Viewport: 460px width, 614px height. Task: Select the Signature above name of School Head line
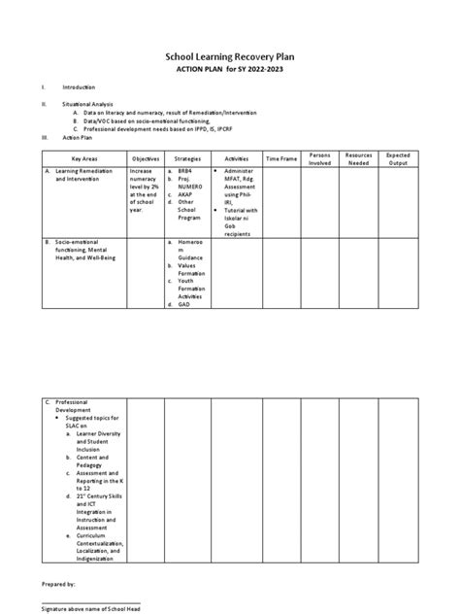[x=100, y=607]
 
